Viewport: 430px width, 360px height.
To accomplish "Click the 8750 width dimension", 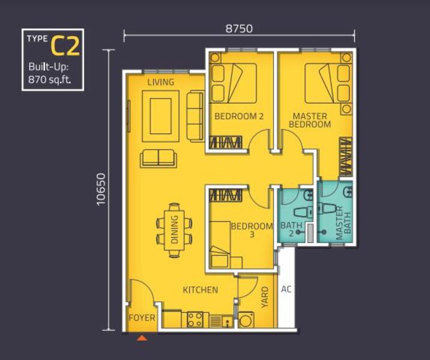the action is coord(239,28).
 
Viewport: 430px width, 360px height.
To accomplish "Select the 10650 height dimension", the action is coord(101,189).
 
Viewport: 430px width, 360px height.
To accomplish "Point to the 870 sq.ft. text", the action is coord(50,80).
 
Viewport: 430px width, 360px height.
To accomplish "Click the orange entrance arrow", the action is coord(142,338).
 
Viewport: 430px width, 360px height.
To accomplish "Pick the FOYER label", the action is coord(142,318).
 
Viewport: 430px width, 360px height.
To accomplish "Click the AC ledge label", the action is coord(286,289).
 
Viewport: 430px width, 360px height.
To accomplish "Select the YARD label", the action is coord(265,297).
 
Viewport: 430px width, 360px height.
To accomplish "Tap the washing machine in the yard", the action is coord(246,319).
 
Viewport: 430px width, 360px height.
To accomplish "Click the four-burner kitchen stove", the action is coord(195,319).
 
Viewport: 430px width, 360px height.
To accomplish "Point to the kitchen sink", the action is coord(227,321).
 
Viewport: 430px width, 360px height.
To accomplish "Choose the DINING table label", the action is coord(174,230).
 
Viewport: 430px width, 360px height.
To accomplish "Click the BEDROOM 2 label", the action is coord(239,116).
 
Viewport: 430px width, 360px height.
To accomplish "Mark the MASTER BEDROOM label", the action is coord(310,120).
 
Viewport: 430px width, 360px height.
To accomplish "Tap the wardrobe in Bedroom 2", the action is coord(226,142).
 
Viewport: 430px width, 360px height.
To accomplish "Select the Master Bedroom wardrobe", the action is coord(346,157).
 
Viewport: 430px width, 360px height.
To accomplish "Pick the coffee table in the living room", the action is coord(161,116).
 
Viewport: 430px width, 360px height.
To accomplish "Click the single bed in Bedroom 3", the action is coord(219,245).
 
